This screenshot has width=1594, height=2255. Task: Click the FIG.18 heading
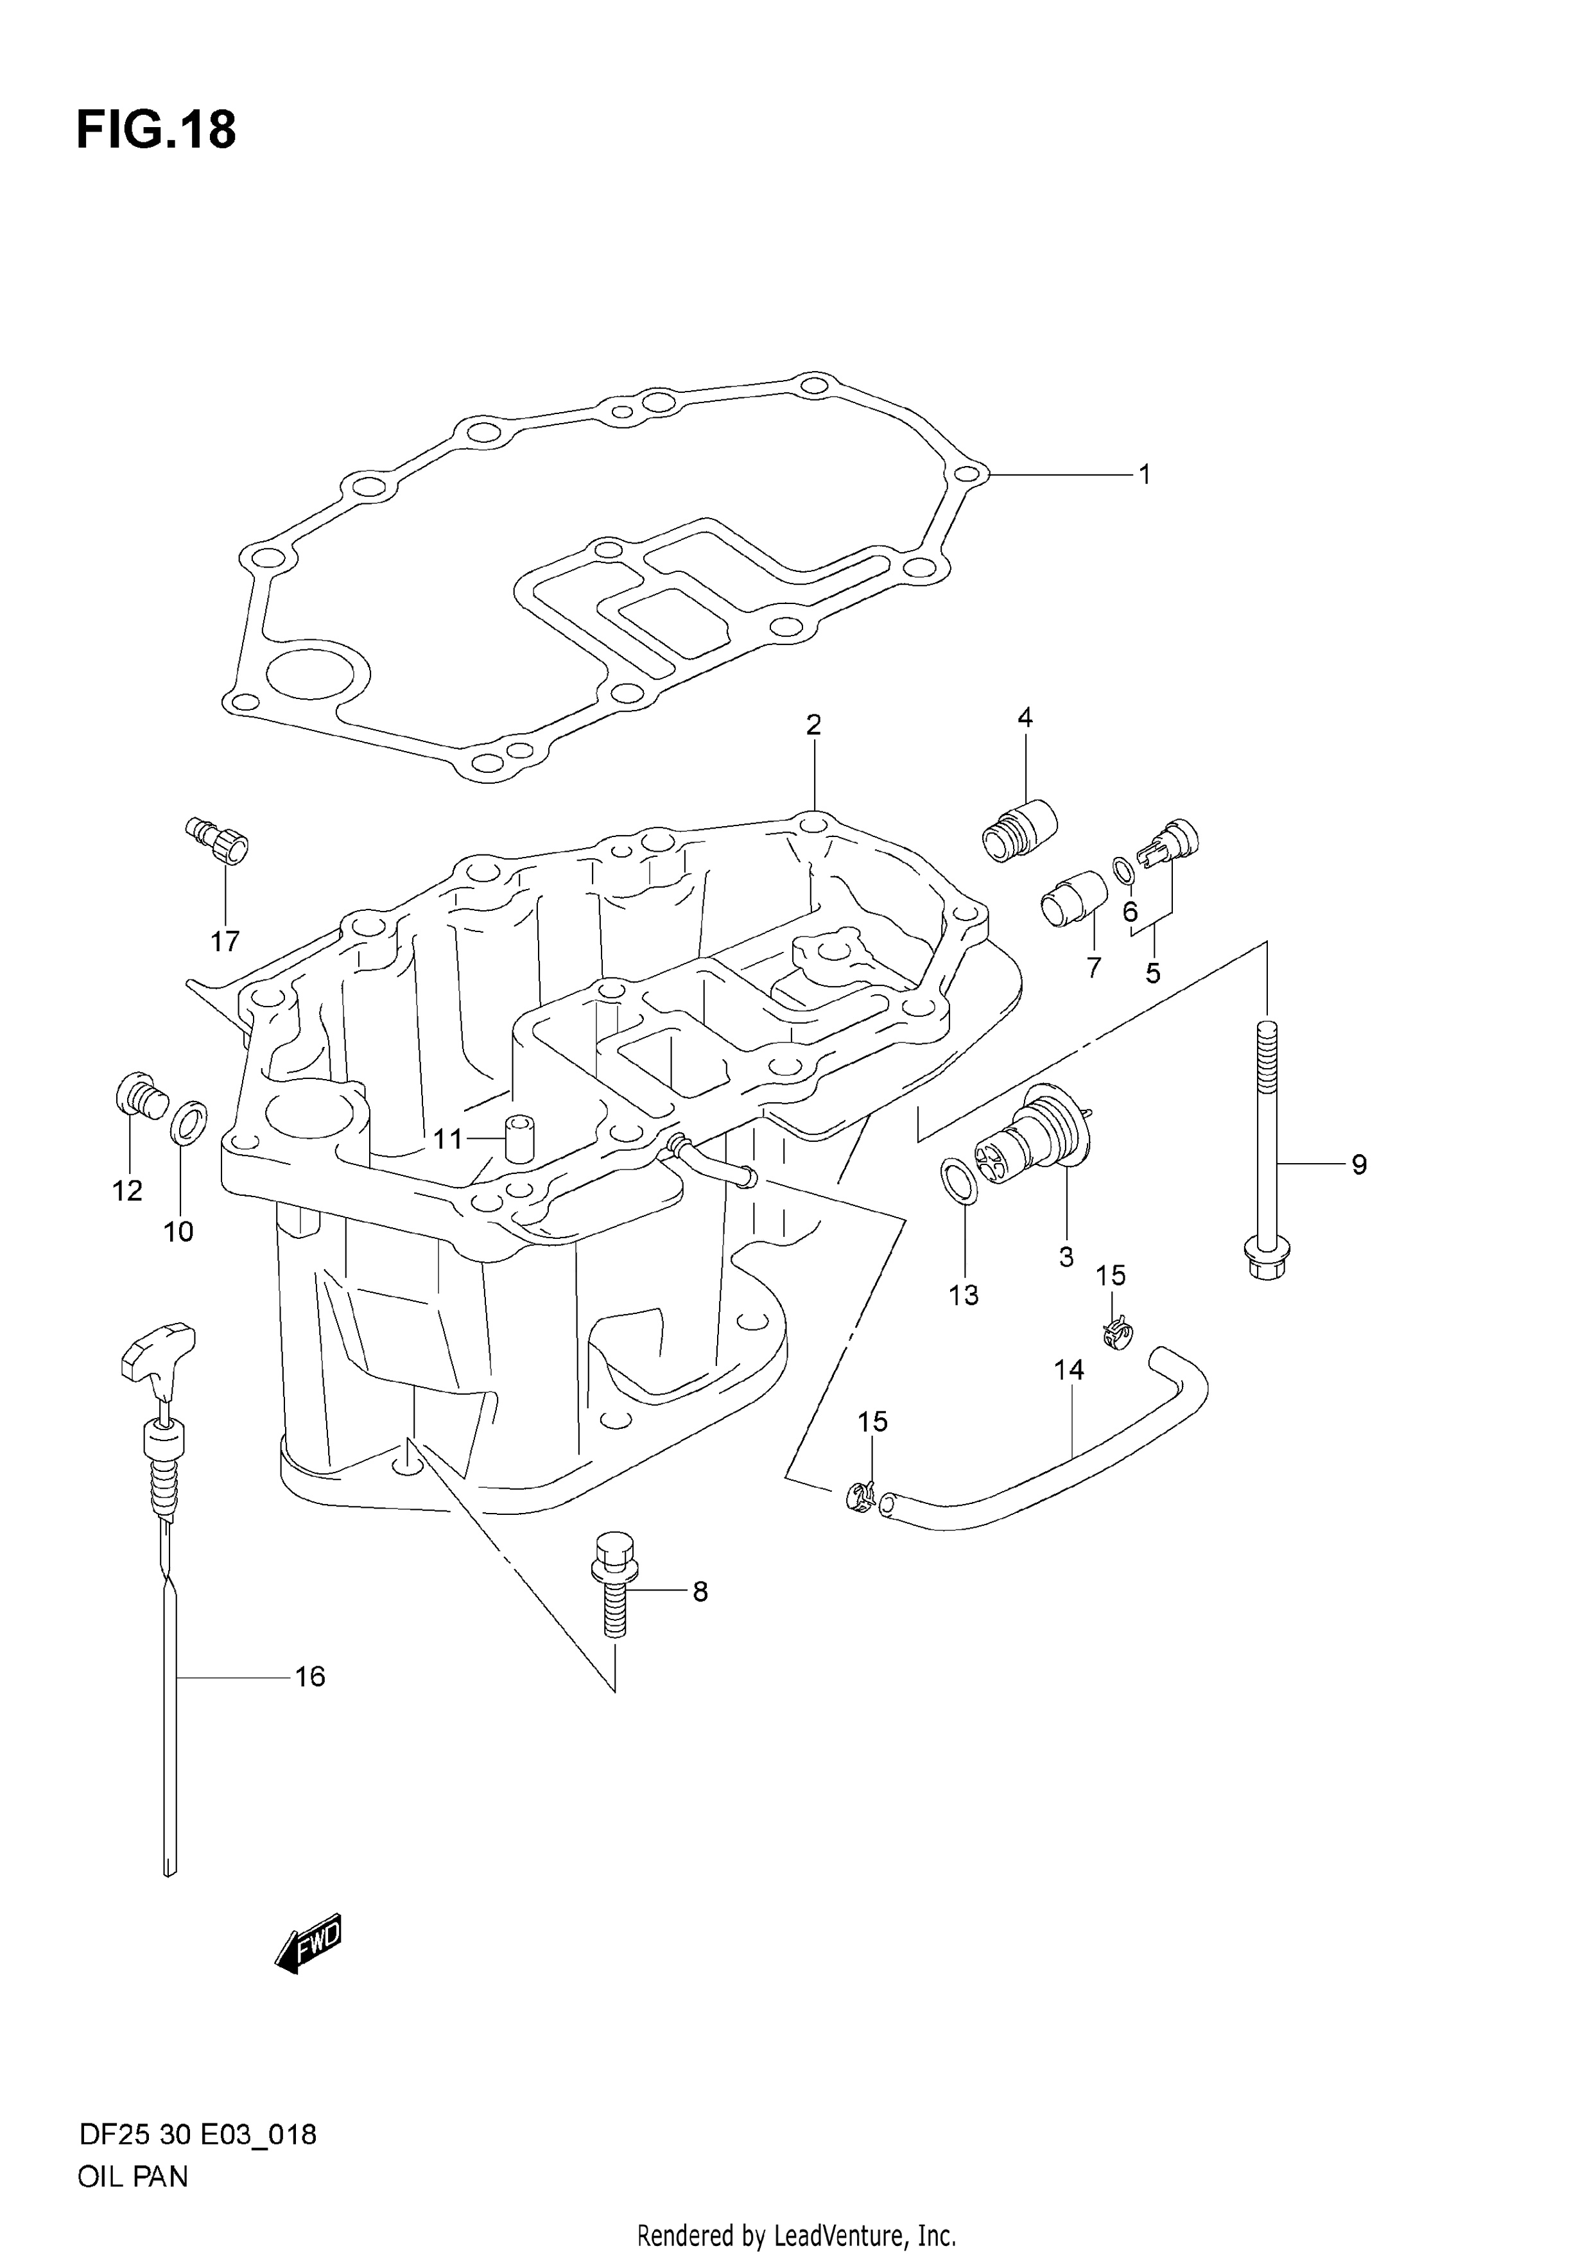point(156,130)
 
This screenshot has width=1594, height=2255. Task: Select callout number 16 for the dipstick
point(309,1677)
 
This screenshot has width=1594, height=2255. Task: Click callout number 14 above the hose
point(1069,1369)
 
